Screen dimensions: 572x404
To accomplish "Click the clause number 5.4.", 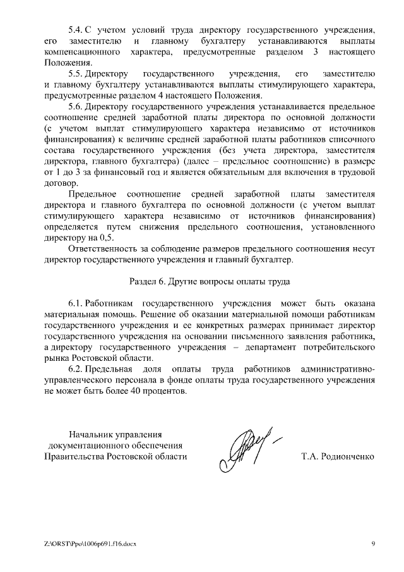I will [x=76, y=30].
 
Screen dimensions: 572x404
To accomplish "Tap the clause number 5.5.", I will [x=76, y=75].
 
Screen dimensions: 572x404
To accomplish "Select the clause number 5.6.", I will [x=76, y=107].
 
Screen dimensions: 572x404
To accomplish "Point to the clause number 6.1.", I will [x=76, y=302].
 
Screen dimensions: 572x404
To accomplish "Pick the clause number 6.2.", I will [x=76, y=368].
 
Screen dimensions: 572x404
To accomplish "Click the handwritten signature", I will [x=246, y=447].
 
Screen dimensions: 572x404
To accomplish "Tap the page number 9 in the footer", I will [x=372, y=544].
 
